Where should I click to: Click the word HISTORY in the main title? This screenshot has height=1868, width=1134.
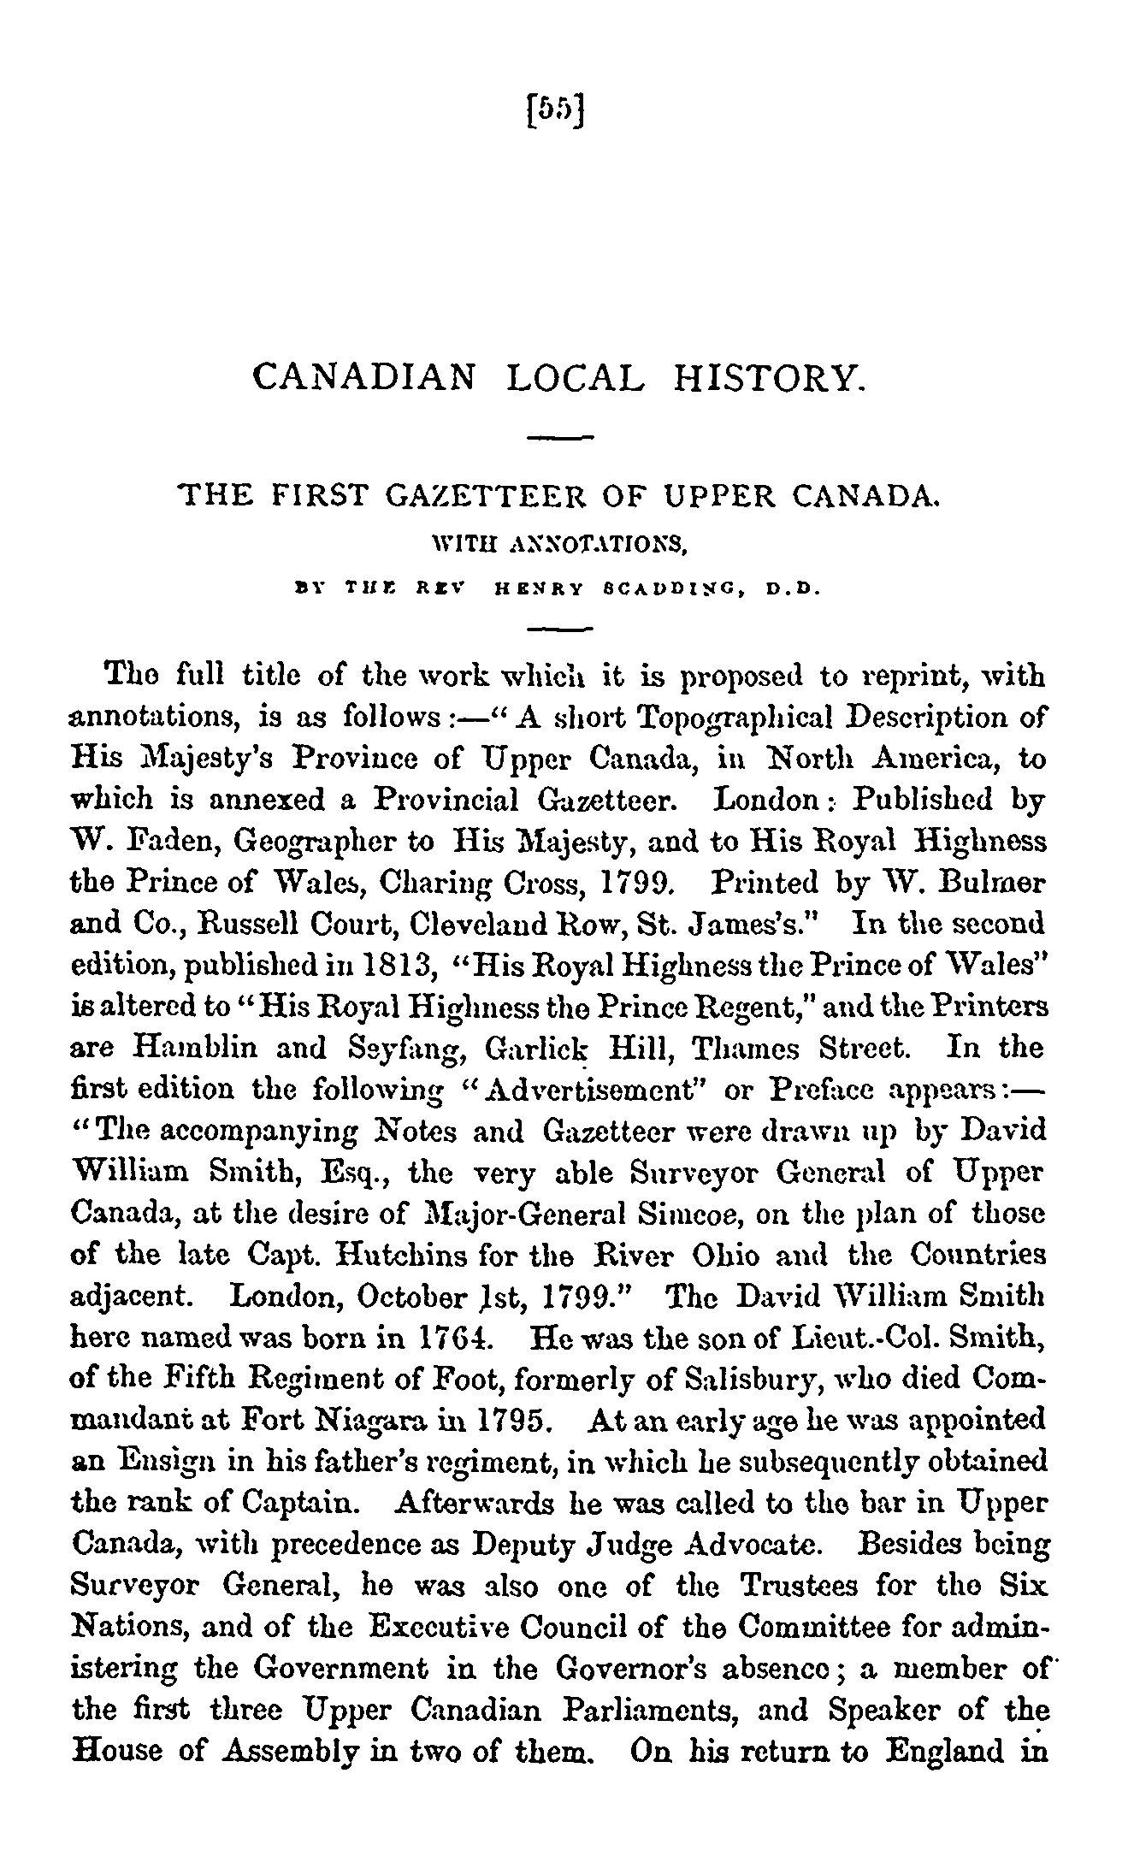(771, 377)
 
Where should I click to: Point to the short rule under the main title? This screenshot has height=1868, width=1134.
(561, 440)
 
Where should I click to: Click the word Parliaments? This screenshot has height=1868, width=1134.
(674, 1710)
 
